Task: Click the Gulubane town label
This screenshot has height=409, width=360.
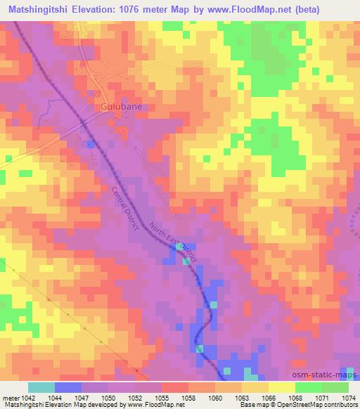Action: [x=116, y=108]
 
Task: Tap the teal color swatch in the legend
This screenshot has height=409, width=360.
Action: [x=41, y=387]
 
